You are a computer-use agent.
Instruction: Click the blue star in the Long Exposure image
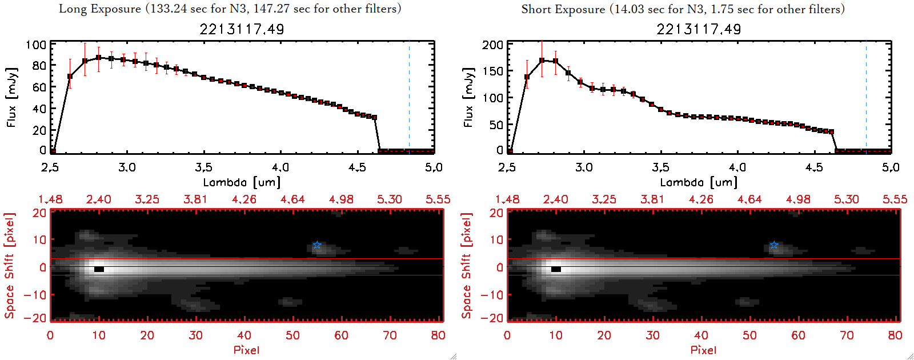[317, 245]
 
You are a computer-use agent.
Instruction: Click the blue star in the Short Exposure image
[774, 245]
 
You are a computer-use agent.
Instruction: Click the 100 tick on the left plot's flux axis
[37, 45]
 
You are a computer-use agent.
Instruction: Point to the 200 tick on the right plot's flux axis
[492, 45]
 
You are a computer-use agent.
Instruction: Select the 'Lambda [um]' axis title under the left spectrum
[242, 182]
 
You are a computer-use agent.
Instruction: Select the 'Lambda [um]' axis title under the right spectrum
[699, 182]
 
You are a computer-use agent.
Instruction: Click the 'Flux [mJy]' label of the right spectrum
[468, 97]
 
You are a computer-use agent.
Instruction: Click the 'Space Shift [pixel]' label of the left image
[9, 266]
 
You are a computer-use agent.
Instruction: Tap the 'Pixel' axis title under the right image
[703, 350]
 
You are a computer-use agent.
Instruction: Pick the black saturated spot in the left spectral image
[99, 269]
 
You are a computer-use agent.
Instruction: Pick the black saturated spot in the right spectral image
[556, 269]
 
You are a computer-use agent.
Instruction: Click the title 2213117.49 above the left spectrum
[242, 29]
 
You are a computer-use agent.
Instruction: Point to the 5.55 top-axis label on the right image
[895, 199]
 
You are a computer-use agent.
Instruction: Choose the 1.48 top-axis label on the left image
[50, 199]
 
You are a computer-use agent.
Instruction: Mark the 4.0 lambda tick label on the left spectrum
[280, 167]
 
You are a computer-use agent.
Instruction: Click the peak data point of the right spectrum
[542, 59]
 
